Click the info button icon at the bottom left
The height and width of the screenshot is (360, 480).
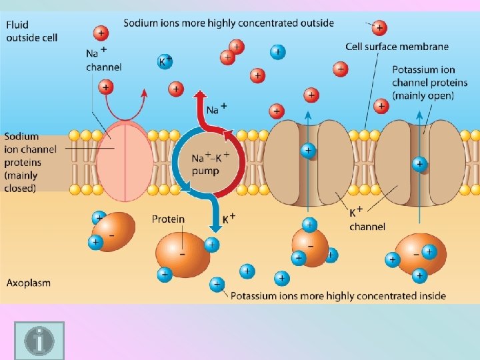[39, 341]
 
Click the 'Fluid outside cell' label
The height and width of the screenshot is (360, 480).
[31, 31]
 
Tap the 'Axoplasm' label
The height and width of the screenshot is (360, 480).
[28, 283]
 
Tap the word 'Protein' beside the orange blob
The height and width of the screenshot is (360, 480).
[168, 219]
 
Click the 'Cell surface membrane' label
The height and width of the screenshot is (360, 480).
[397, 47]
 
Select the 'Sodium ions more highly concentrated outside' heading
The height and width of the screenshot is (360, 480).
[229, 23]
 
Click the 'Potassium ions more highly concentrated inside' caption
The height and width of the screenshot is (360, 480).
[338, 295]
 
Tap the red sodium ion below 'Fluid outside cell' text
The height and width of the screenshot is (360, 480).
[101, 31]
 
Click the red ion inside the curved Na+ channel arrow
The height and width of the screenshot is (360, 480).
[105, 86]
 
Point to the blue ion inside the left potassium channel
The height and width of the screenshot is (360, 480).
[307, 150]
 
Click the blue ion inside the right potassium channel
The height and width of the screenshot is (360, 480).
[419, 163]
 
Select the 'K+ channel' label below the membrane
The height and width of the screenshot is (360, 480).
[367, 219]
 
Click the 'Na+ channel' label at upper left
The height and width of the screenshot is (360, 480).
[103, 59]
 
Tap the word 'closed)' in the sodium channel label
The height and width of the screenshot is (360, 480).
[21, 189]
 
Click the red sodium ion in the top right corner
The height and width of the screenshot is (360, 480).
[379, 28]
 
